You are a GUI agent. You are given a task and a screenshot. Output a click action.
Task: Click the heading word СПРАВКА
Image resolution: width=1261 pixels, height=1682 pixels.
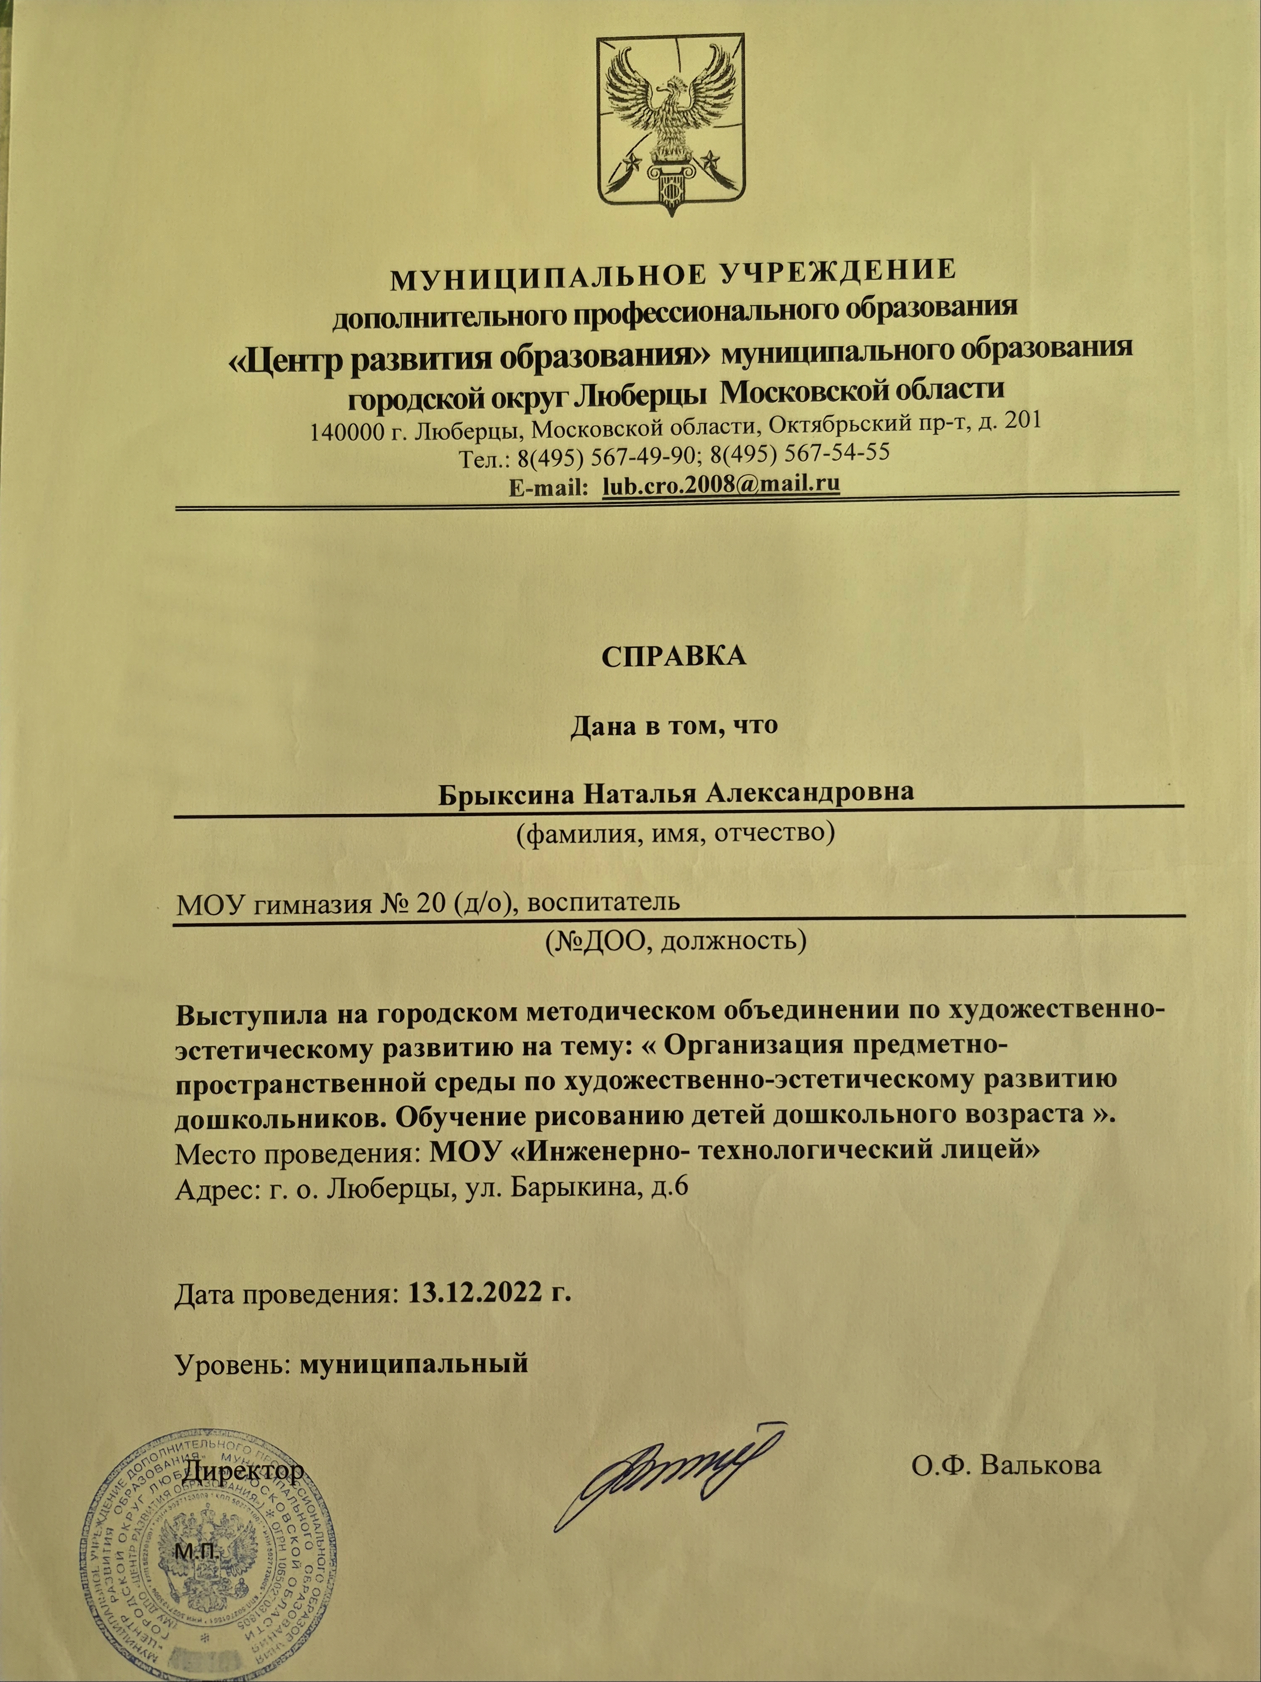(673, 656)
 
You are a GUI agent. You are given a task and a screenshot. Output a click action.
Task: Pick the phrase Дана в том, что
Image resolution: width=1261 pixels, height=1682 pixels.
(673, 725)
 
